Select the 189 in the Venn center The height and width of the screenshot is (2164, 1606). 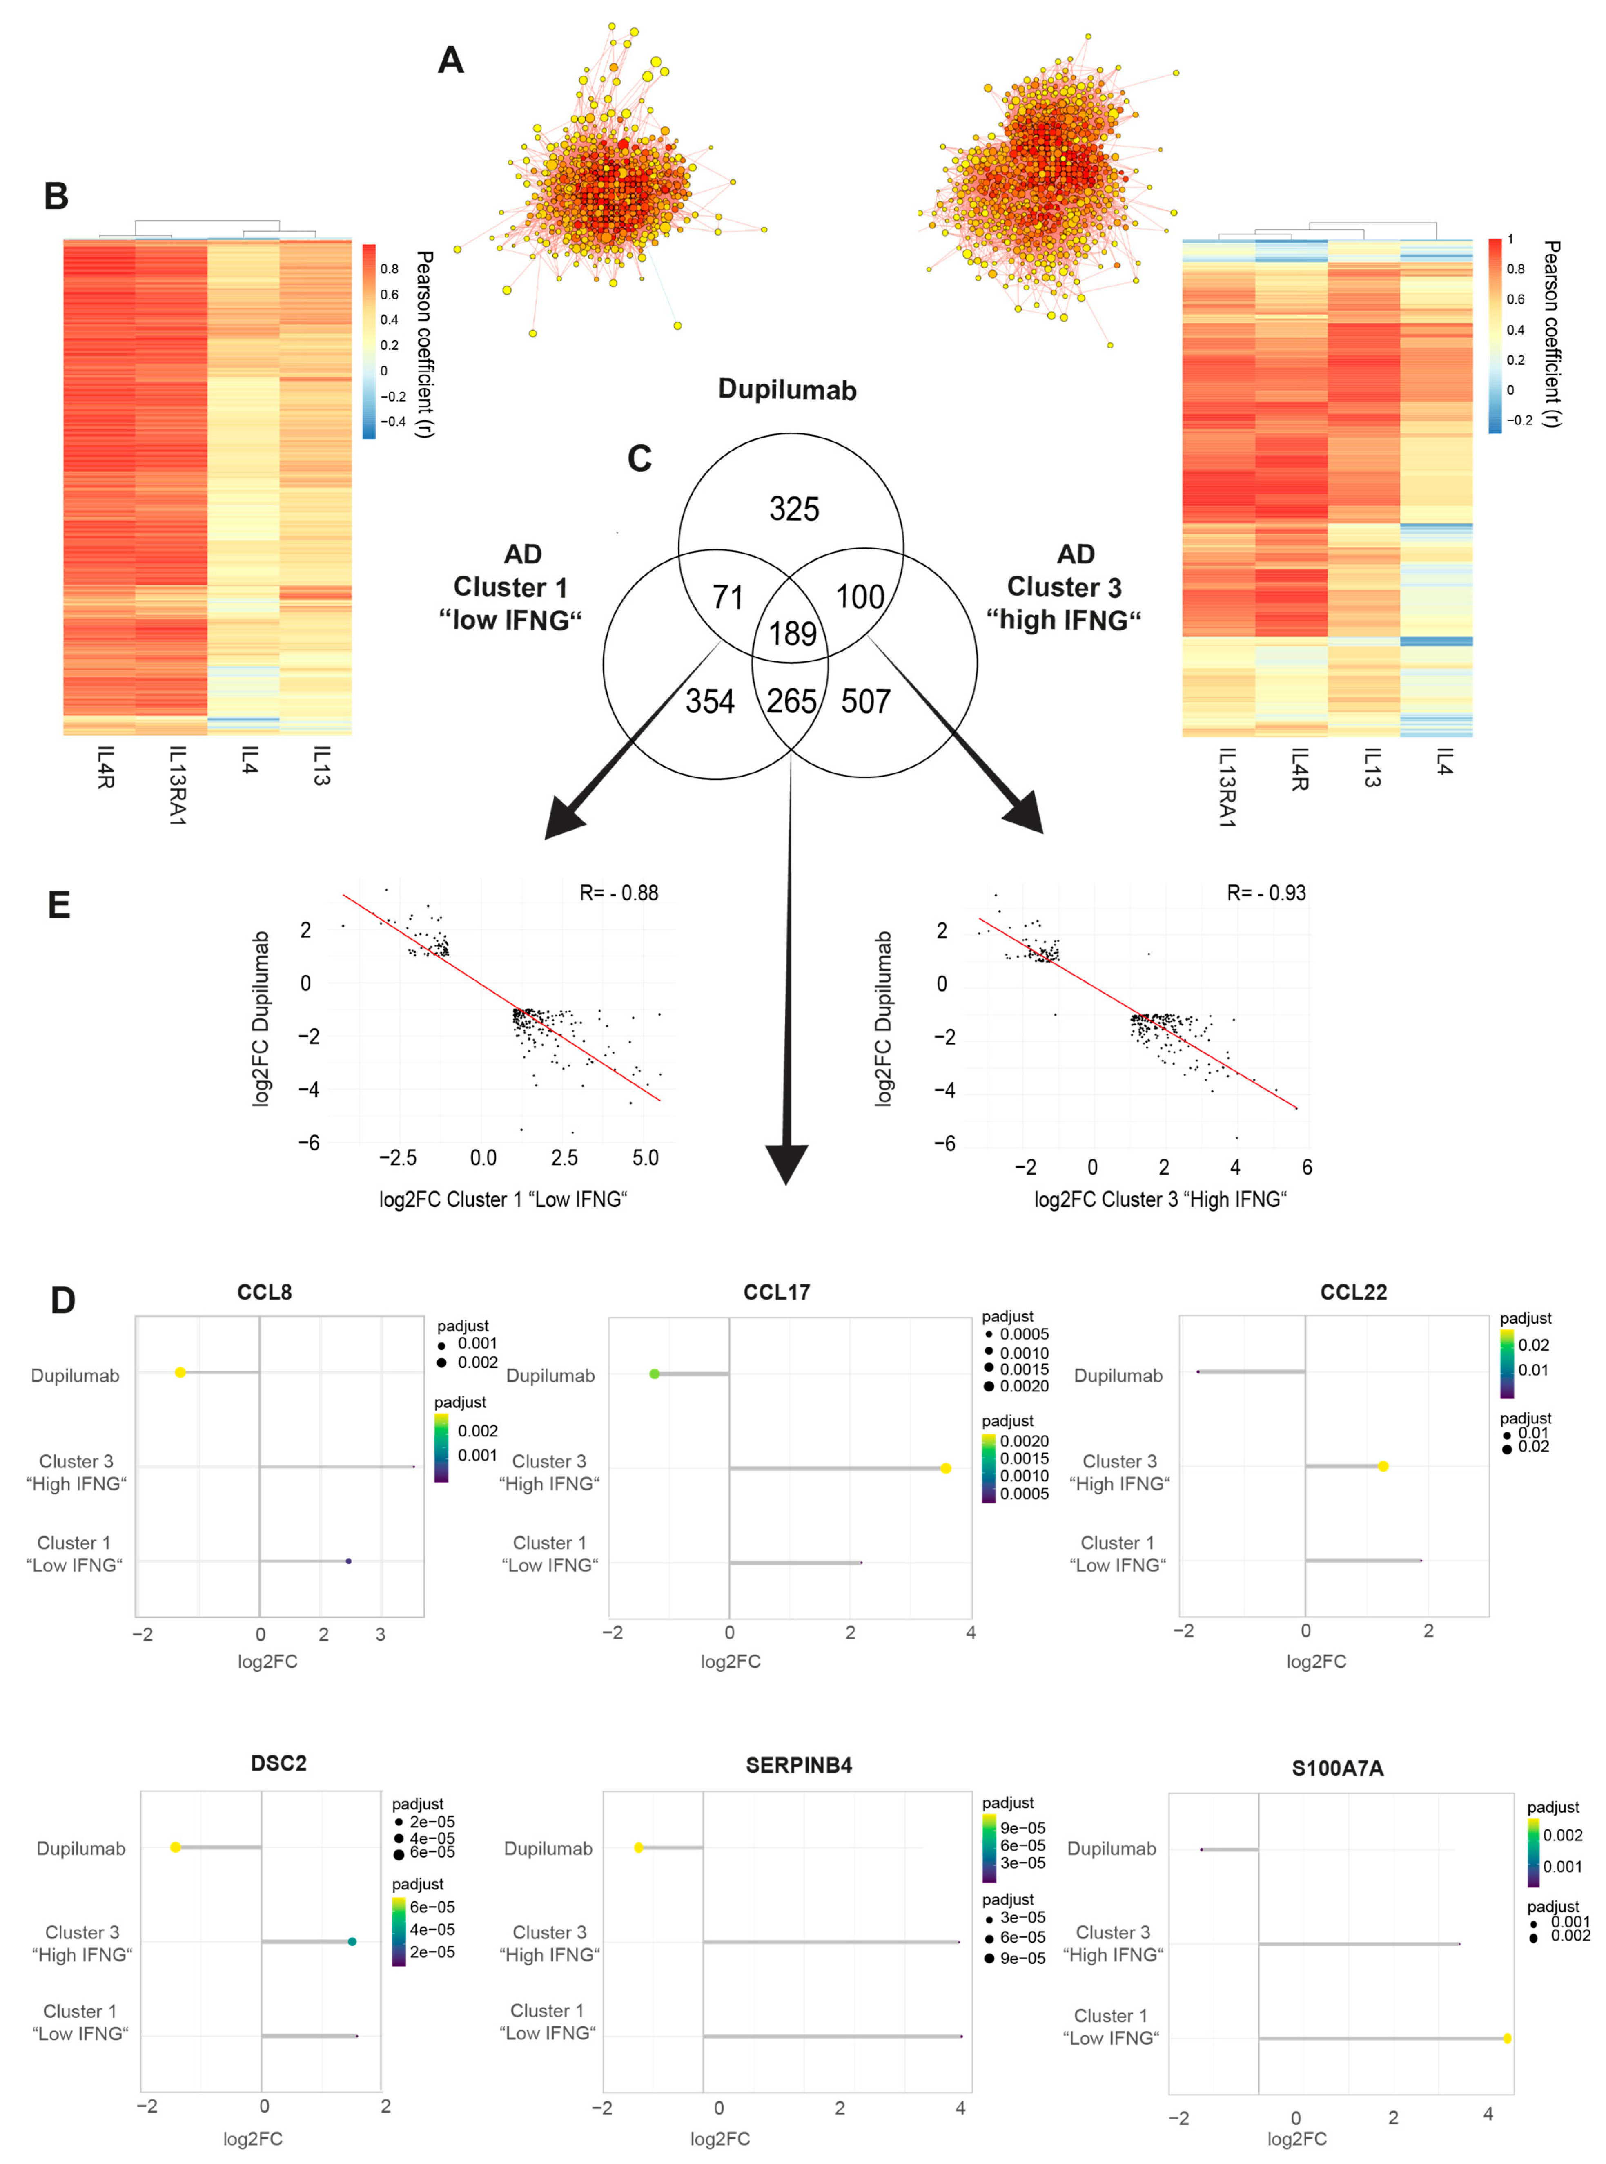[x=792, y=634]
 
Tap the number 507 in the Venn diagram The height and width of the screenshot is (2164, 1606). [x=865, y=701]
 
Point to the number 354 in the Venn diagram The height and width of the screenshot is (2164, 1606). [x=710, y=701]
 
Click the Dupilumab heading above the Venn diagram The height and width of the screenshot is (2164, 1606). [x=787, y=390]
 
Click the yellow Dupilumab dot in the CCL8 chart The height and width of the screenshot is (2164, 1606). [x=180, y=1372]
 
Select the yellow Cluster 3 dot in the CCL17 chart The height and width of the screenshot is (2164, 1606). [x=946, y=1467]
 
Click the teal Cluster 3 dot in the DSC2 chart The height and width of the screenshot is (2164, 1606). [x=352, y=1941]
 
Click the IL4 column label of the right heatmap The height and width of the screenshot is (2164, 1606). [x=1443, y=762]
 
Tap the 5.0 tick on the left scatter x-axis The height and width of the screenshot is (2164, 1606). [x=646, y=1157]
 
